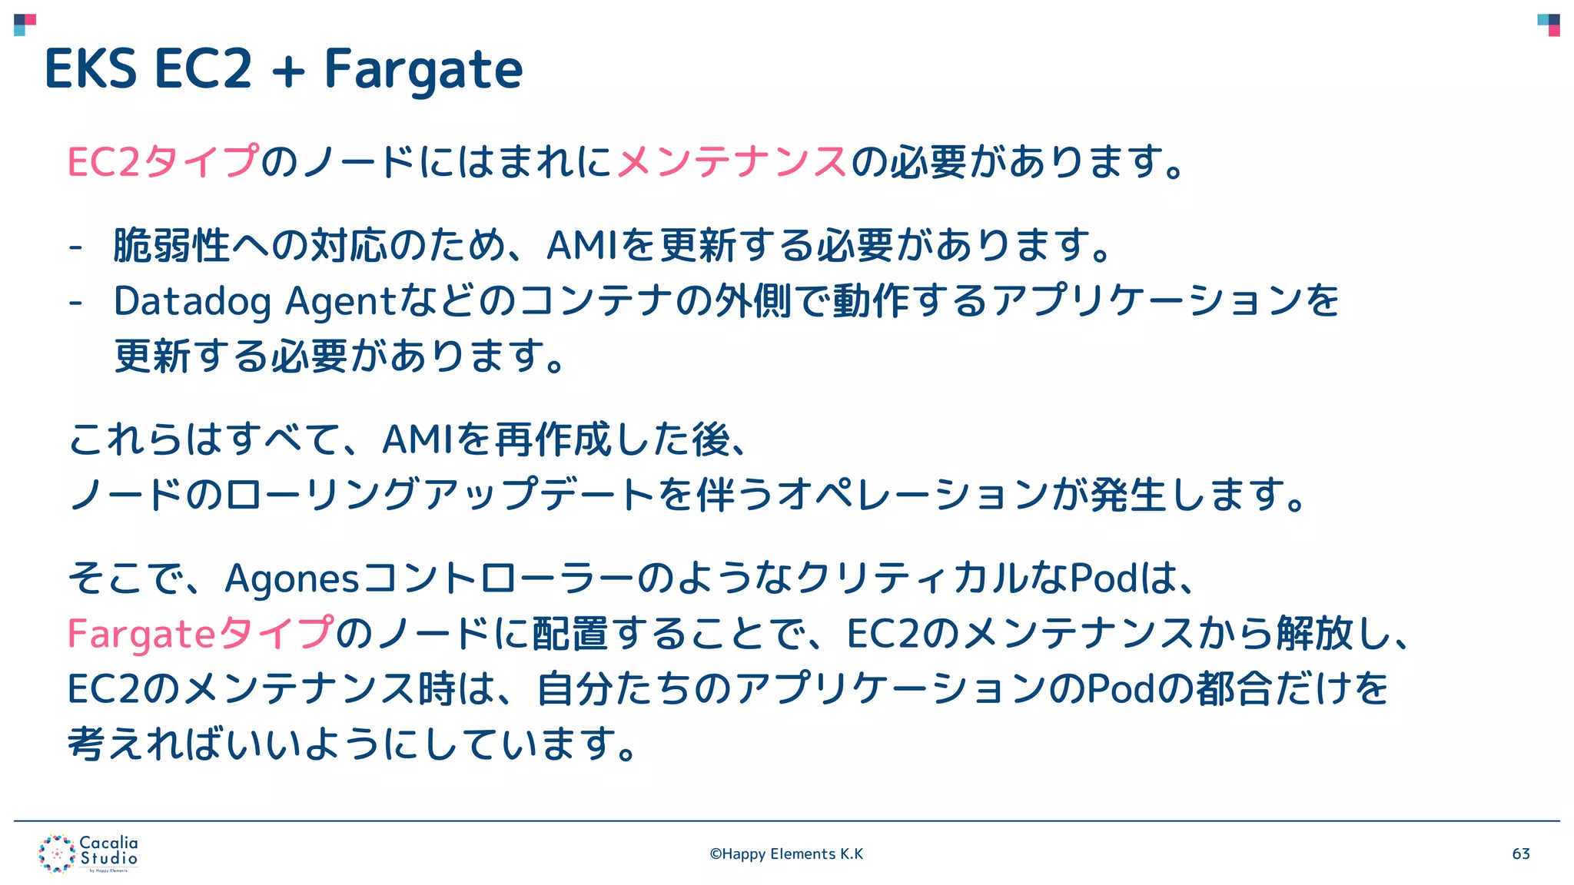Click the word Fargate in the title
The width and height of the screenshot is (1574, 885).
coord(423,69)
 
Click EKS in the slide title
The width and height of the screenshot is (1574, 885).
coord(91,69)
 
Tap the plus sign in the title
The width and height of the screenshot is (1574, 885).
coord(288,71)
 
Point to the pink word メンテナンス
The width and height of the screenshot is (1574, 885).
coord(732,162)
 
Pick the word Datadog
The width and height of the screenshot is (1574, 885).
coord(192,301)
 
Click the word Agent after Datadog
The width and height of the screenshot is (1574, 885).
coord(339,301)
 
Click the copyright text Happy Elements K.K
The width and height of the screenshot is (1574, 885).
coord(786,854)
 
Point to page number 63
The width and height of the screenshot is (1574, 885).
coord(1521,854)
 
